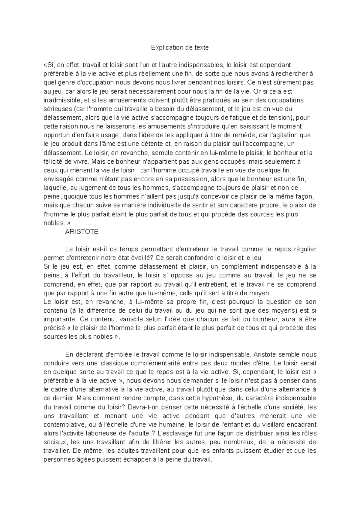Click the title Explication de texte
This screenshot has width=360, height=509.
pos(180,47)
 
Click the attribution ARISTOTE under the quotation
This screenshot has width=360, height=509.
pos(82,232)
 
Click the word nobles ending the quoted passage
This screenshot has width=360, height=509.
pos(53,223)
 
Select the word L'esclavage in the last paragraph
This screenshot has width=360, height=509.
pos(172,433)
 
